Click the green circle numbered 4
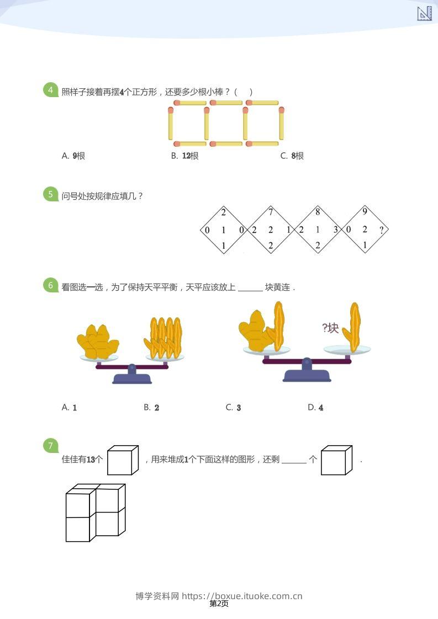click(x=50, y=90)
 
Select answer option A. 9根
click(x=73, y=156)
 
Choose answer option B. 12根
click(x=184, y=156)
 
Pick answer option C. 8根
click(x=292, y=156)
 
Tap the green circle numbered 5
click(x=50, y=194)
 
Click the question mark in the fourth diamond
click(x=381, y=230)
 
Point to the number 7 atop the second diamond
click(x=271, y=212)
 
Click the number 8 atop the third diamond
click(x=318, y=212)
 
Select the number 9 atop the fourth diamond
click(x=365, y=212)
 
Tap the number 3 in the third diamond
click(x=335, y=230)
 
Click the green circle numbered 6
click(x=50, y=286)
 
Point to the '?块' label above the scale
click(x=330, y=328)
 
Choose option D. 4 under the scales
click(x=315, y=408)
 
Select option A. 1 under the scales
click(x=69, y=408)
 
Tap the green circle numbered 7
click(x=50, y=446)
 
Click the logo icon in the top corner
click(x=424, y=14)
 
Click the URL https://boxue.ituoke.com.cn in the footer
click(x=242, y=596)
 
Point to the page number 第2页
click(x=219, y=604)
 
